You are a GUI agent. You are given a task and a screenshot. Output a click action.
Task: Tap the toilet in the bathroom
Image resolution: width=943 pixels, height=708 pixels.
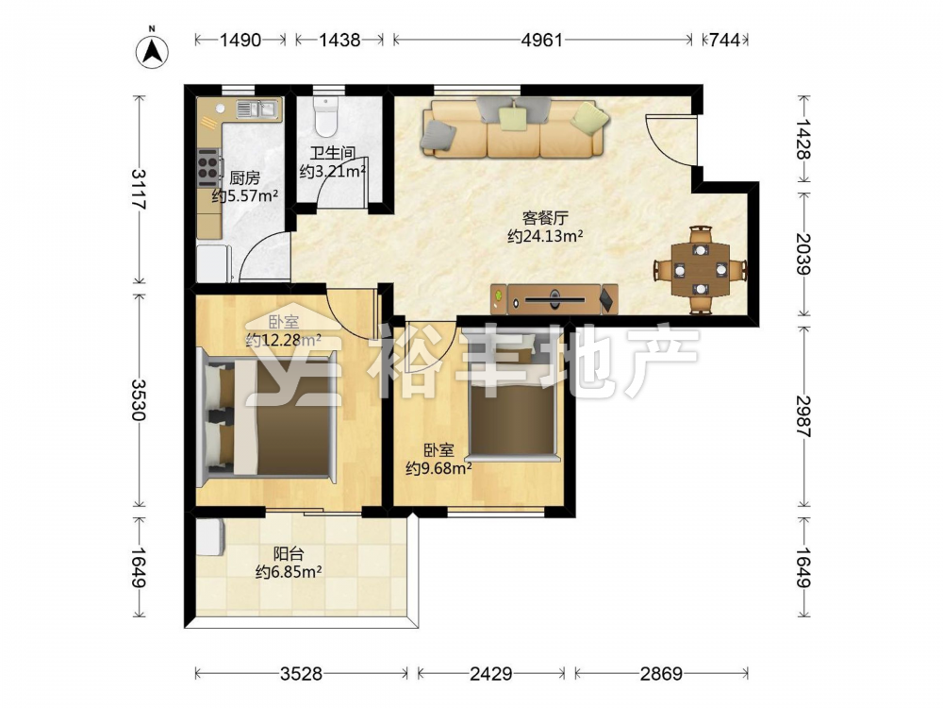tap(326, 116)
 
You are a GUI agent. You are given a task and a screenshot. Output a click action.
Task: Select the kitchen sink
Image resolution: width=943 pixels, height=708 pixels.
tap(257, 109)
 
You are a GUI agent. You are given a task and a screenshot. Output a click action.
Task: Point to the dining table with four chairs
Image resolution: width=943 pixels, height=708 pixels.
tap(701, 270)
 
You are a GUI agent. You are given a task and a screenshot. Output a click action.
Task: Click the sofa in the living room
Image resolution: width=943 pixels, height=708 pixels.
tap(514, 127)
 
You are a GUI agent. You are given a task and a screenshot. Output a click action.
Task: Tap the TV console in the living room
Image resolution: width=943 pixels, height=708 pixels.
tap(554, 299)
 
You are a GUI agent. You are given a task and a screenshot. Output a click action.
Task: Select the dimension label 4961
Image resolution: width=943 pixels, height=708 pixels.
tap(542, 40)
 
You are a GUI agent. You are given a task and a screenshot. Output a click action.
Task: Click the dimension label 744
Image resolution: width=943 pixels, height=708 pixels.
tap(724, 40)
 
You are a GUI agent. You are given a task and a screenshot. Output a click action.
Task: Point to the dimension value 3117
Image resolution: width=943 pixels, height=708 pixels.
tap(139, 189)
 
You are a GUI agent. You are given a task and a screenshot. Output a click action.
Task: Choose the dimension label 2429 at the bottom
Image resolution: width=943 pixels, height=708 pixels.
tap(490, 674)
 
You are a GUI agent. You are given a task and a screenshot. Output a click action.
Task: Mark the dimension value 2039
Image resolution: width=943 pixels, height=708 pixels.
tap(803, 254)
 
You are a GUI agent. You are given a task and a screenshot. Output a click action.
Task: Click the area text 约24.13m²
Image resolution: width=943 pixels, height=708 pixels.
tap(545, 236)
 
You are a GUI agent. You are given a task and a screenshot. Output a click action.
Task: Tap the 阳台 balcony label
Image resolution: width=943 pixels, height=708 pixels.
tap(288, 553)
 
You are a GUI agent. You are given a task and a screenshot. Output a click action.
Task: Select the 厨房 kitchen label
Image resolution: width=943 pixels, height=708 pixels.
tap(245, 178)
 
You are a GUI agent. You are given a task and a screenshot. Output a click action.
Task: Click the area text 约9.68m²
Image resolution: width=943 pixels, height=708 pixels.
tap(438, 468)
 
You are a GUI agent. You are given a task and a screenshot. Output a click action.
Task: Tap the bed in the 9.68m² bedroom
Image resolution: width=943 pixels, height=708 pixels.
tap(512, 397)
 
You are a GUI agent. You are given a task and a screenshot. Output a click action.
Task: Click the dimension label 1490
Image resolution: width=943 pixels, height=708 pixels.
tap(240, 40)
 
